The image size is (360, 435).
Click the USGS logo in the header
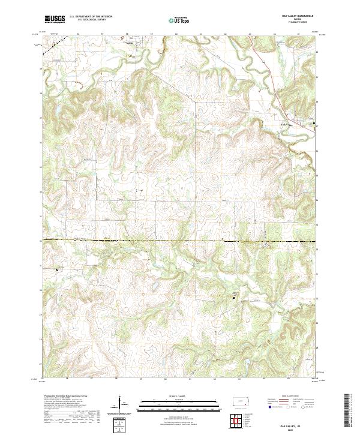56,20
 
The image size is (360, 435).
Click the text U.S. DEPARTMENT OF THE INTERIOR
91,17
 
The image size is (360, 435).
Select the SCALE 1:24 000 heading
180,397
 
